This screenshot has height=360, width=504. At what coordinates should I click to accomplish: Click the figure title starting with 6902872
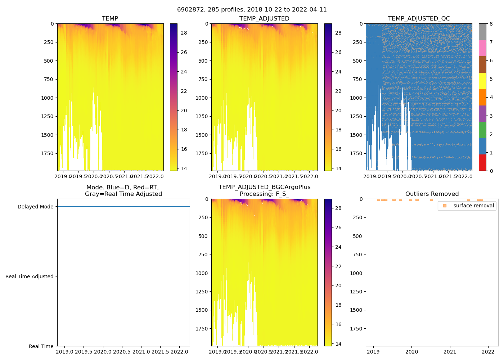(x=252, y=10)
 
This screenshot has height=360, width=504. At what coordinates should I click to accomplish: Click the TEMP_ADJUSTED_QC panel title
(x=419, y=19)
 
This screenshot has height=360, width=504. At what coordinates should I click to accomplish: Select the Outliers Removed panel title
(x=432, y=194)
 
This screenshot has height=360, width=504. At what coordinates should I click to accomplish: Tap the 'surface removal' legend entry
(x=473, y=206)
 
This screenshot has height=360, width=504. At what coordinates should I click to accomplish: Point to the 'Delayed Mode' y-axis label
(x=35, y=207)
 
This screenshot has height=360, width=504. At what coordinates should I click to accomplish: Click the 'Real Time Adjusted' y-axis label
(x=29, y=276)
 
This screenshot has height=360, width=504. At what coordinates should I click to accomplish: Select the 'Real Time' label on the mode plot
(x=41, y=346)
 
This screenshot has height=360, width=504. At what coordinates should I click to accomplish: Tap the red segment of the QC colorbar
(x=482, y=162)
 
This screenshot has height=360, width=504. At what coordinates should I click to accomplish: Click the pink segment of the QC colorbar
(x=482, y=48)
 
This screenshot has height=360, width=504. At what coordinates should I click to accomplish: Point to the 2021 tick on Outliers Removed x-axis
(x=450, y=352)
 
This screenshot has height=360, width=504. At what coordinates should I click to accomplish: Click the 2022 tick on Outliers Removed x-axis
(x=488, y=352)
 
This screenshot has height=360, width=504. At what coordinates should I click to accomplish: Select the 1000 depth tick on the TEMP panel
(x=47, y=98)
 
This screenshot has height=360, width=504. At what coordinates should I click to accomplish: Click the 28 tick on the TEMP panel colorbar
(x=184, y=33)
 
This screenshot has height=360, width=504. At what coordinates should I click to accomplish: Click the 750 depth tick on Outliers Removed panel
(x=356, y=255)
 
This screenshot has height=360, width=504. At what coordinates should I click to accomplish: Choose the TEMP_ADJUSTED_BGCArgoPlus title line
(x=264, y=187)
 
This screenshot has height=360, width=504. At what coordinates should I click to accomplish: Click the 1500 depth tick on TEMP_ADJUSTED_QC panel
(x=356, y=135)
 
